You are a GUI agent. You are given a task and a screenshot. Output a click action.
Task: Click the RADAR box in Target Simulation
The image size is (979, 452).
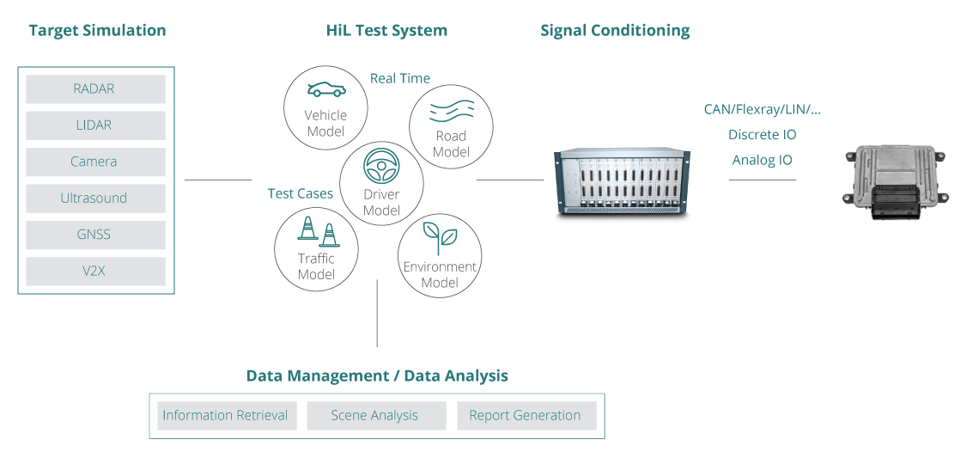click(95, 89)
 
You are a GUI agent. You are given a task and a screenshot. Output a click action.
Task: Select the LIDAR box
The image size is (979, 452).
click(95, 125)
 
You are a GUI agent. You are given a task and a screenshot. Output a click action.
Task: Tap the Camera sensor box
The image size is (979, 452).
click(95, 162)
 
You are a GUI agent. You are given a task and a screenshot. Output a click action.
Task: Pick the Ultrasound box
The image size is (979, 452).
click(95, 199)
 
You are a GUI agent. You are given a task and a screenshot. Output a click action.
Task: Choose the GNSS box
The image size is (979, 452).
click(95, 235)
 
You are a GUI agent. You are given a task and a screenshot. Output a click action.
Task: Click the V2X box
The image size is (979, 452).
click(95, 272)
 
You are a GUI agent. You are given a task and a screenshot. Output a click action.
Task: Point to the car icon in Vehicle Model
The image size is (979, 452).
click(326, 90)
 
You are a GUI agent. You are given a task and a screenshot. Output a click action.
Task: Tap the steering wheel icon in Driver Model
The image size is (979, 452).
click(381, 164)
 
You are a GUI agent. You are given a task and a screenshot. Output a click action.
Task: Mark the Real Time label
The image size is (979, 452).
click(400, 78)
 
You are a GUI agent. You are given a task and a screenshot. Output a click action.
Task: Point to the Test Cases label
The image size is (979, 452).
click(301, 193)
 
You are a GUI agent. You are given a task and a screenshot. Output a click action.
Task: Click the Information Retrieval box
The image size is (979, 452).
click(225, 416)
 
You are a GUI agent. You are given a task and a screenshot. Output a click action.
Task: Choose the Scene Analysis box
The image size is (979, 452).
click(375, 416)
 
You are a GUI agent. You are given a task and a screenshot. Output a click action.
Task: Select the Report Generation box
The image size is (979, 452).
click(526, 416)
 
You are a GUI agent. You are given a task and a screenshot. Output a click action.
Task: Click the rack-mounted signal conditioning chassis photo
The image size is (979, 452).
click(621, 180)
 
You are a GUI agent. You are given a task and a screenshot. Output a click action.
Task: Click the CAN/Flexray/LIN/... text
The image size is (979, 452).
click(762, 110)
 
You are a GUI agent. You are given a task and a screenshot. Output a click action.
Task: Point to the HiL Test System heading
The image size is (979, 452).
click(386, 31)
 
